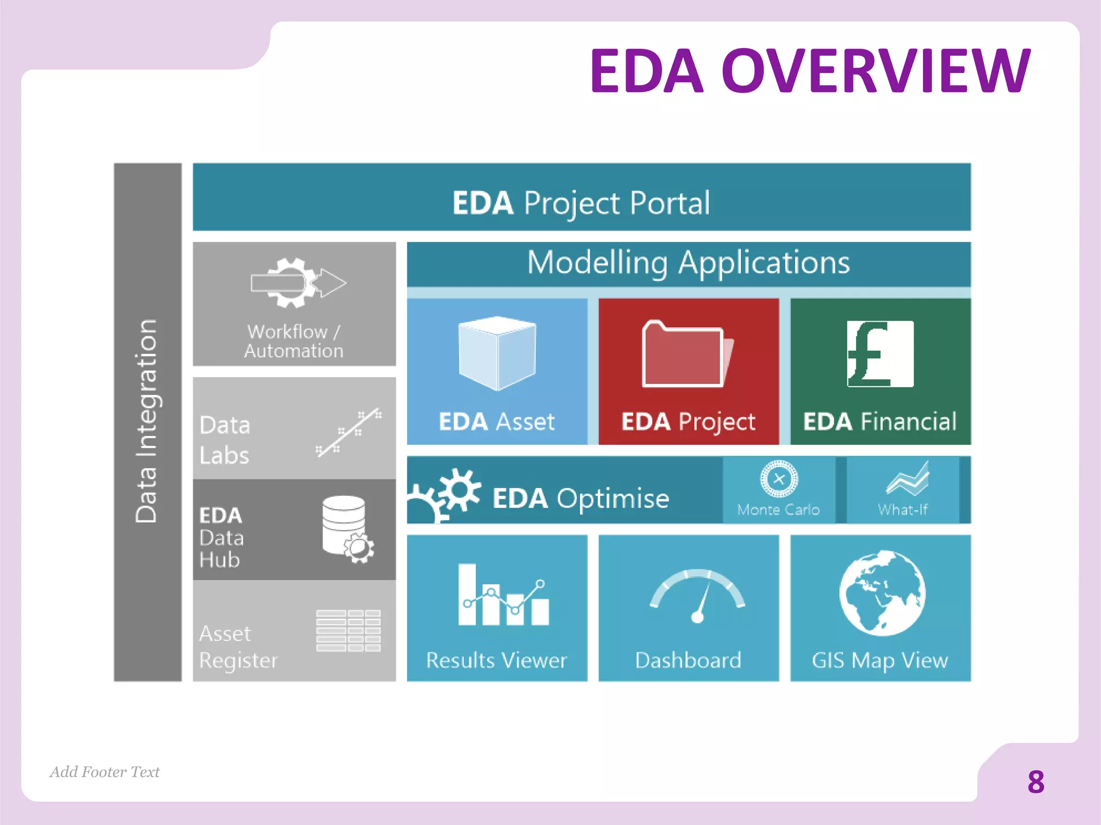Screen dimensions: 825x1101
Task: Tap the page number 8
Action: click(x=1035, y=782)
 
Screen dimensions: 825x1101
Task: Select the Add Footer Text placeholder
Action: click(x=105, y=772)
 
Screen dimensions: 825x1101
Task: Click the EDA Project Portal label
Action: click(x=581, y=203)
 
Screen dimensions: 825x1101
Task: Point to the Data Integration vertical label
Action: click(x=146, y=422)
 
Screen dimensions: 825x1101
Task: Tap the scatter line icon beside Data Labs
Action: click(x=349, y=432)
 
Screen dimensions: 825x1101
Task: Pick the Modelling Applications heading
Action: click(x=688, y=263)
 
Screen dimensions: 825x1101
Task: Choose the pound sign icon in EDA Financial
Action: click(x=880, y=353)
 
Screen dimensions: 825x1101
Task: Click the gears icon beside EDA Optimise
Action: click(x=446, y=494)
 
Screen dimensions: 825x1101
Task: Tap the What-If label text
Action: click(x=903, y=509)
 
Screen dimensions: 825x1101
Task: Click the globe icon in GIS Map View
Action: click(x=882, y=593)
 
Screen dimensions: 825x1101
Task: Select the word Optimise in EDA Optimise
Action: click(x=613, y=498)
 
